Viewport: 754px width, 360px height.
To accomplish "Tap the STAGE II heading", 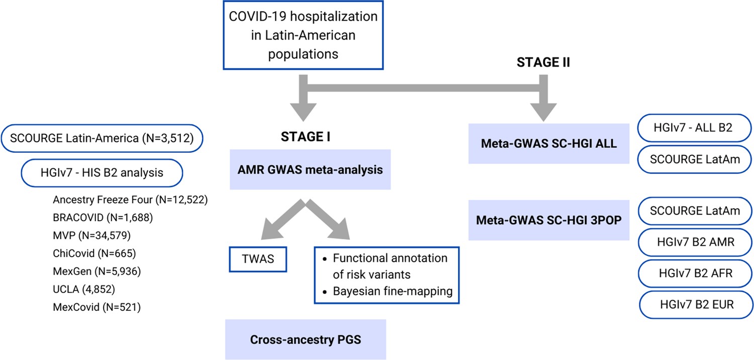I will [x=543, y=63].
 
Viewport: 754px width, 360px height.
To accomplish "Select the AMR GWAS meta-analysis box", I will [x=310, y=170].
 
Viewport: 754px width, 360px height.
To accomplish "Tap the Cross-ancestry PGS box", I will [x=305, y=339].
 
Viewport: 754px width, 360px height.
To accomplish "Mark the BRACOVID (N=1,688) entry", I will [x=103, y=218].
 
